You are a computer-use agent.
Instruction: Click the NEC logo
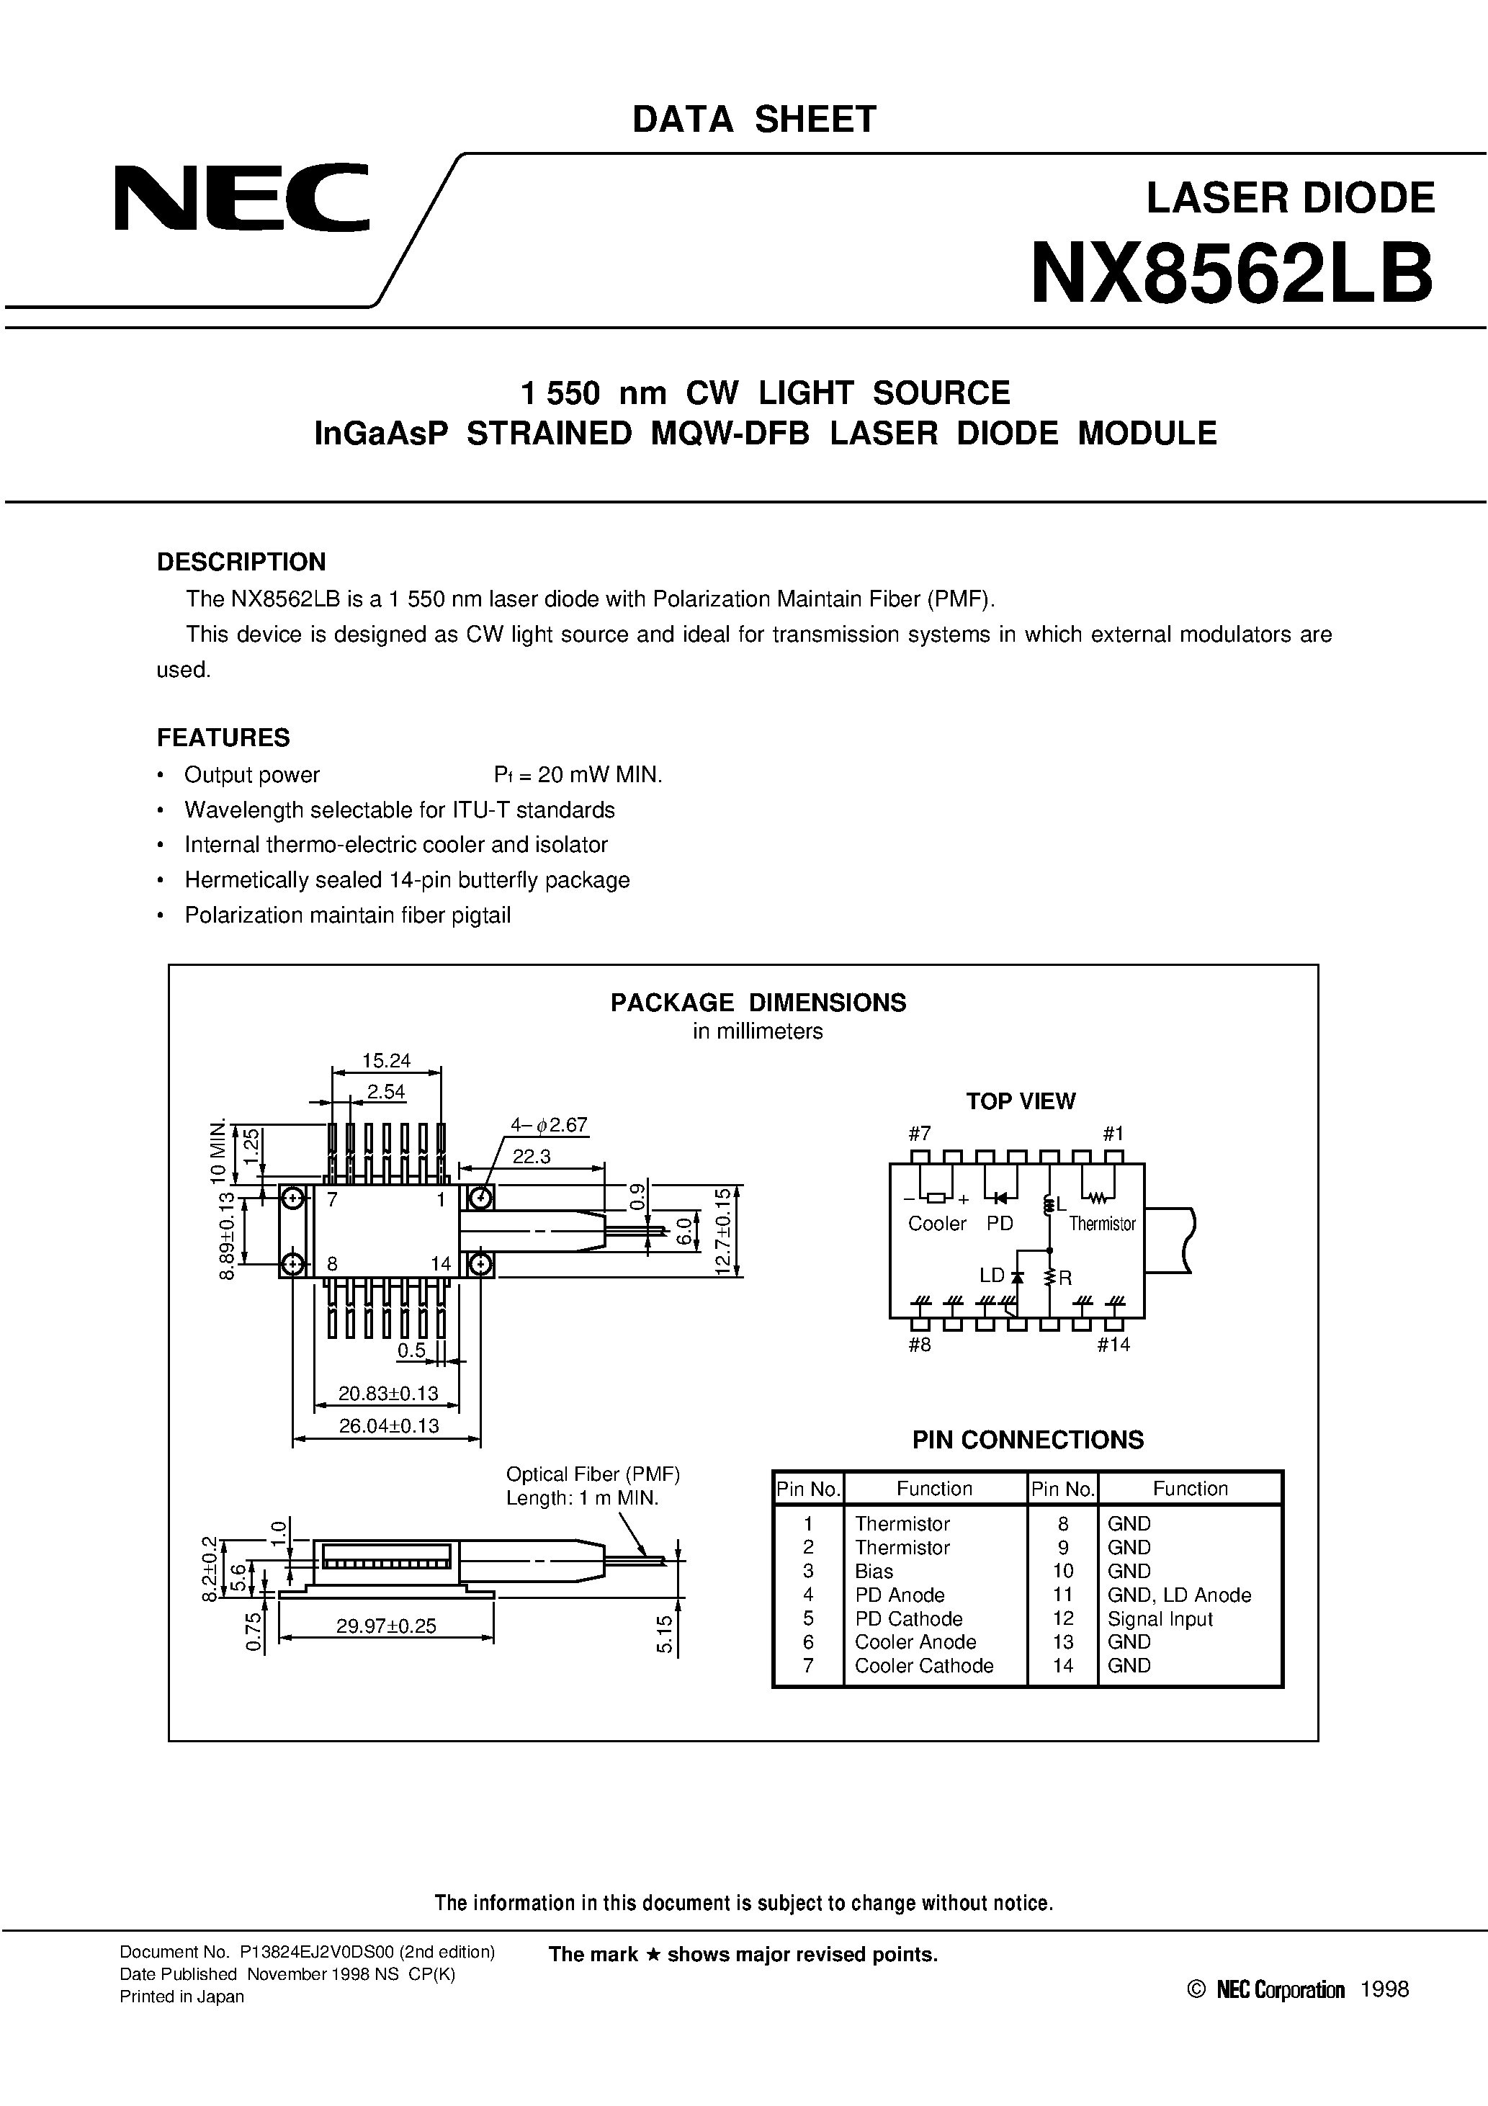[x=242, y=197]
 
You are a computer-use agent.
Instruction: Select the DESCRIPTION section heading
[x=241, y=561]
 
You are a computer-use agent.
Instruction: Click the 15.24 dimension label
[x=386, y=1060]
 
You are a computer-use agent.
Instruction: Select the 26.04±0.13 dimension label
[x=389, y=1425]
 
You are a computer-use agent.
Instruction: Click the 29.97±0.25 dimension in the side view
[x=386, y=1626]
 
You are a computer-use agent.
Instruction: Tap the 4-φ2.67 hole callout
[x=549, y=1124]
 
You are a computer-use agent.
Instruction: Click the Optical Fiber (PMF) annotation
[x=593, y=1474]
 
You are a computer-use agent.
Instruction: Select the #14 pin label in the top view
[x=1113, y=1345]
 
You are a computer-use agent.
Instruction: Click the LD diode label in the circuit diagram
[x=992, y=1275]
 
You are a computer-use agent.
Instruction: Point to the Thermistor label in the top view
[x=1102, y=1224]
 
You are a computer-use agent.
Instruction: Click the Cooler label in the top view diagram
[x=936, y=1224]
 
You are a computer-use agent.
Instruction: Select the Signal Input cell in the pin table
[x=1160, y=1619]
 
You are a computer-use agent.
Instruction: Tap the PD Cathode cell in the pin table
[x=908, y=1619]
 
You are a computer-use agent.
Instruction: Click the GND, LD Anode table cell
[x=1179, y=1595]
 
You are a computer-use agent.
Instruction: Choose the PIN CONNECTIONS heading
[x=1028, y=1440]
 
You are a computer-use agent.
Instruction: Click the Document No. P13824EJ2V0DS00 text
[x=308, y=1952]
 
